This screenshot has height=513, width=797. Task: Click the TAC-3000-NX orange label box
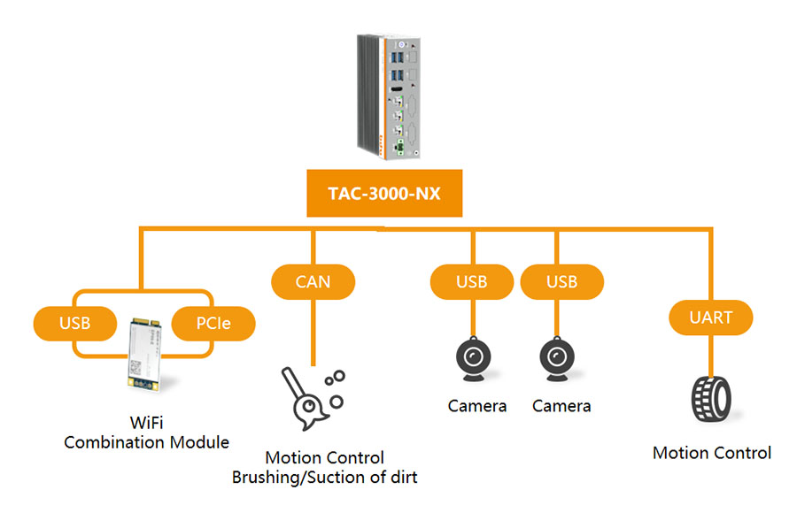point(384,194)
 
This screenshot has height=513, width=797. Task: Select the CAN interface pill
point(313,282)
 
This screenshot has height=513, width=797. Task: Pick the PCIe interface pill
point(213,324)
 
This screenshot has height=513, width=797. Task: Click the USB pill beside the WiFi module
point(75,324)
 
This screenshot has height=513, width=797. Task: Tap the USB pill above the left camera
point(471,282)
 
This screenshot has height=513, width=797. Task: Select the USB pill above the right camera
point(561,282)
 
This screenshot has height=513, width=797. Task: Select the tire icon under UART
point(711,400)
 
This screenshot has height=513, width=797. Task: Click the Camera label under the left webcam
point(477,407)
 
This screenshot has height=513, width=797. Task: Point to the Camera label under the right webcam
point(561,407)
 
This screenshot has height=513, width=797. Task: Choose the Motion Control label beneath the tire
point(712,454)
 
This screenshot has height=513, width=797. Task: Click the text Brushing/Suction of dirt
point(324,478)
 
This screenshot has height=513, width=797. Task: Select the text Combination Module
point(146,442)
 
